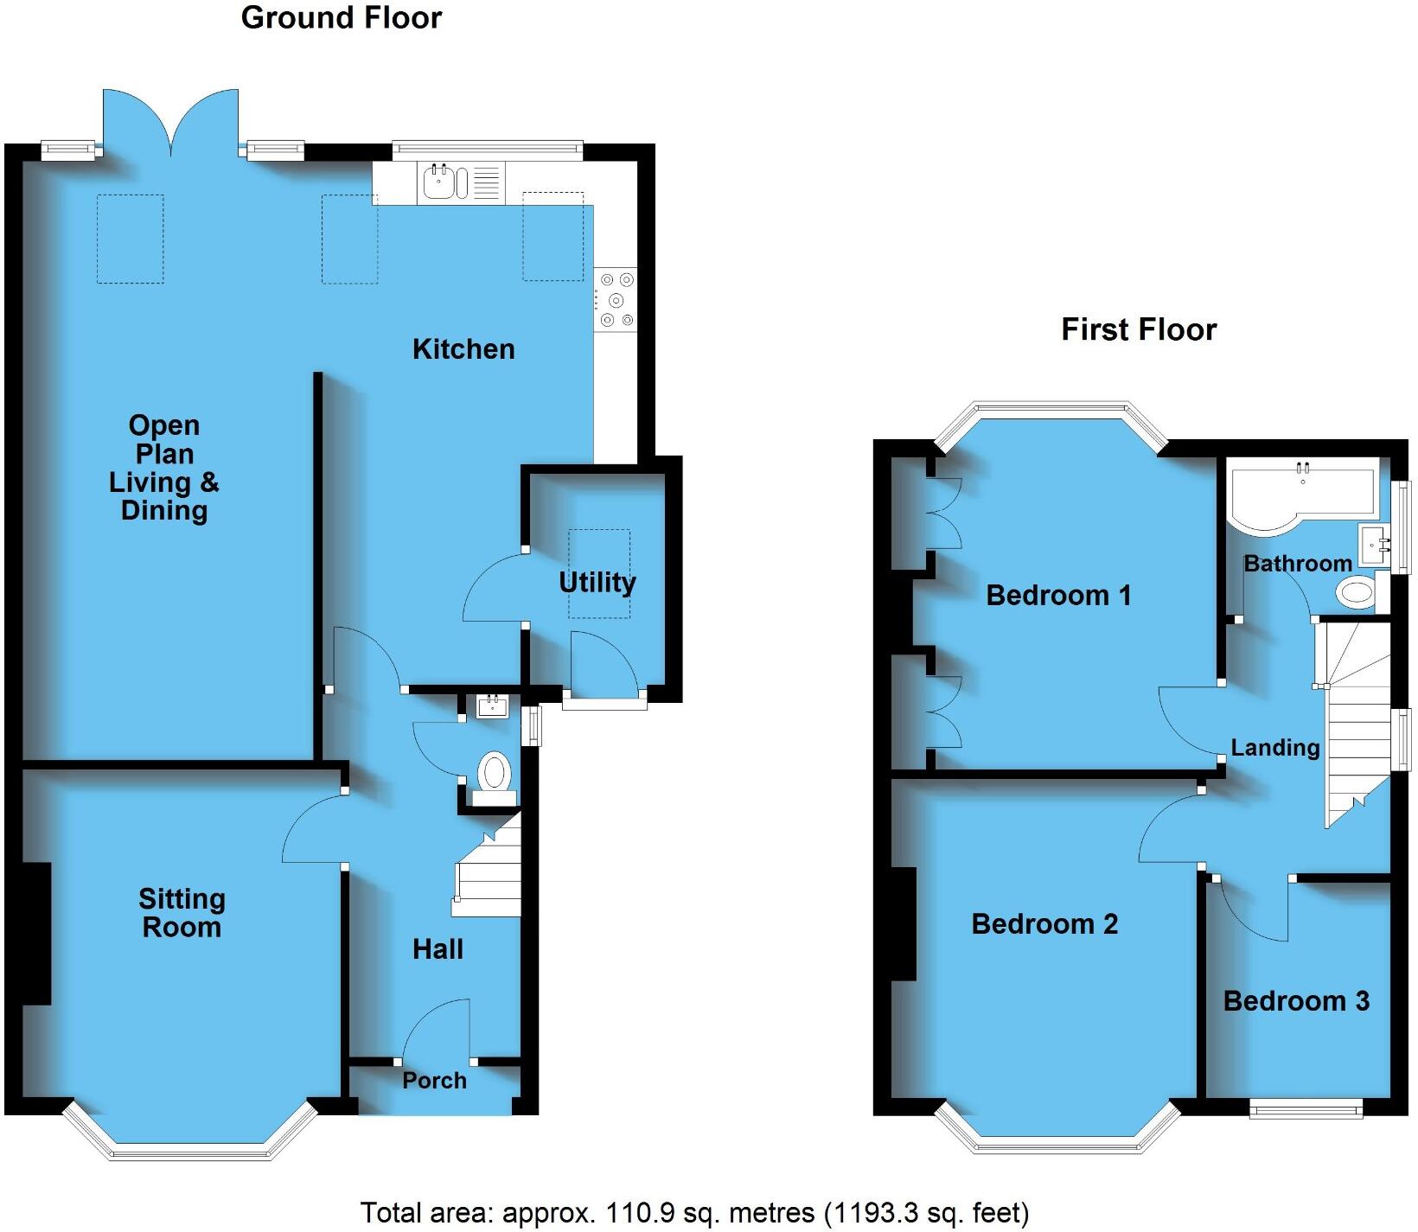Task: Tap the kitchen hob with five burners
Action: point(616,300)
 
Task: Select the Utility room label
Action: point(597,583)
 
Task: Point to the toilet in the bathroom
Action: point(1355,593)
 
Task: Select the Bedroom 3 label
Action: point(1295,1001)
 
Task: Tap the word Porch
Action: point(434,1081)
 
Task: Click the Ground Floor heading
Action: point(341,18)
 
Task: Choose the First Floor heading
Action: point(1138,329)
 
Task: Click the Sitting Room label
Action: point(182,913)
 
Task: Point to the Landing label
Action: point(1274,748)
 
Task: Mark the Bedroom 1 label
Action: point(1057,595)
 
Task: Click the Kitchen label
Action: point(463,349)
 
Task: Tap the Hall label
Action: point(438,949)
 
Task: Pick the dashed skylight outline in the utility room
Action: point(599,573)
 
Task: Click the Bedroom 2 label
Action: point(1044,924)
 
